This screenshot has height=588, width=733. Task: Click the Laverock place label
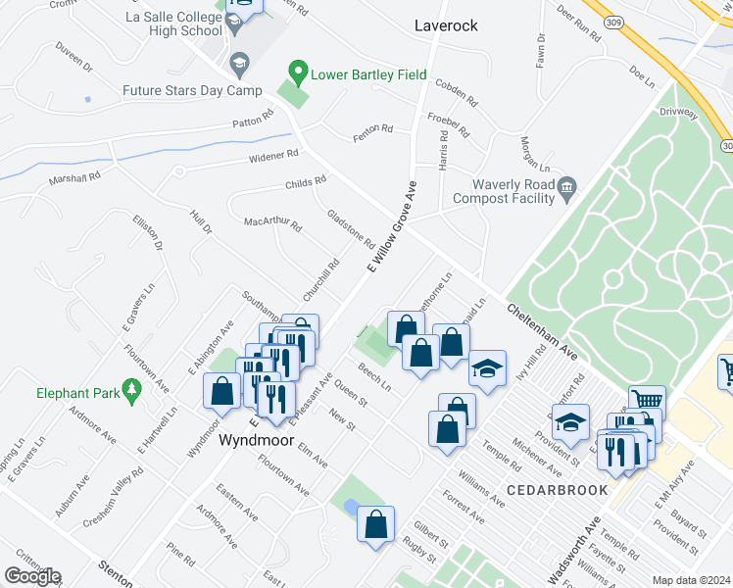[x=446, y=25]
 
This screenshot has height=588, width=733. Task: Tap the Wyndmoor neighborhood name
[x=257, y=439]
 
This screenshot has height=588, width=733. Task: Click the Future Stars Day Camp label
[x=192, y=91]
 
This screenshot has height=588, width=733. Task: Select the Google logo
[x=32, y=576]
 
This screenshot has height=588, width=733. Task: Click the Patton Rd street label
[x=253, y=123]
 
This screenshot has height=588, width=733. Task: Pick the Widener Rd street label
[x=272, y=156]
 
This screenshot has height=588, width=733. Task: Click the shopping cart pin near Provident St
[x=647, y=402]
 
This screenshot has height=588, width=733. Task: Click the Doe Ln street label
[x=643, y=76]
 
